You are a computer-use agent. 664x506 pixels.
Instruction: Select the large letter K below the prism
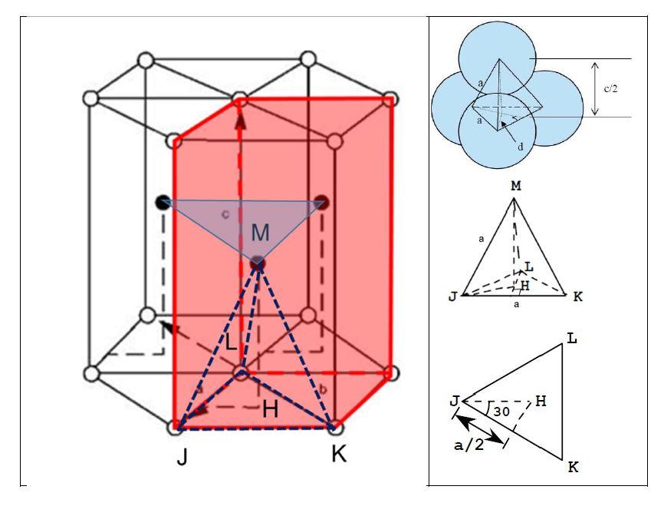[338, 454]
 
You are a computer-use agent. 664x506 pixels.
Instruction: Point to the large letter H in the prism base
[269, 409]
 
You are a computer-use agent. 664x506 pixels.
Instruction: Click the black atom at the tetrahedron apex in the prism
[258, 264]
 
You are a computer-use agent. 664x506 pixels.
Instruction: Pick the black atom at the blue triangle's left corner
[162, 203]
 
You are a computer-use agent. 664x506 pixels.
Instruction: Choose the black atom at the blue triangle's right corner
[322, 203]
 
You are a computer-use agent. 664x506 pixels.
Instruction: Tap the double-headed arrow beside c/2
[596, 88]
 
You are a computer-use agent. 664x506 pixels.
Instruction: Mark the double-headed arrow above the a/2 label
[479, 426]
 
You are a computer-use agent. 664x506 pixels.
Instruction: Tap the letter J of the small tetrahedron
[454, 296]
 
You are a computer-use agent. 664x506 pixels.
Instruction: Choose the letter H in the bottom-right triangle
[540, 400]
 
